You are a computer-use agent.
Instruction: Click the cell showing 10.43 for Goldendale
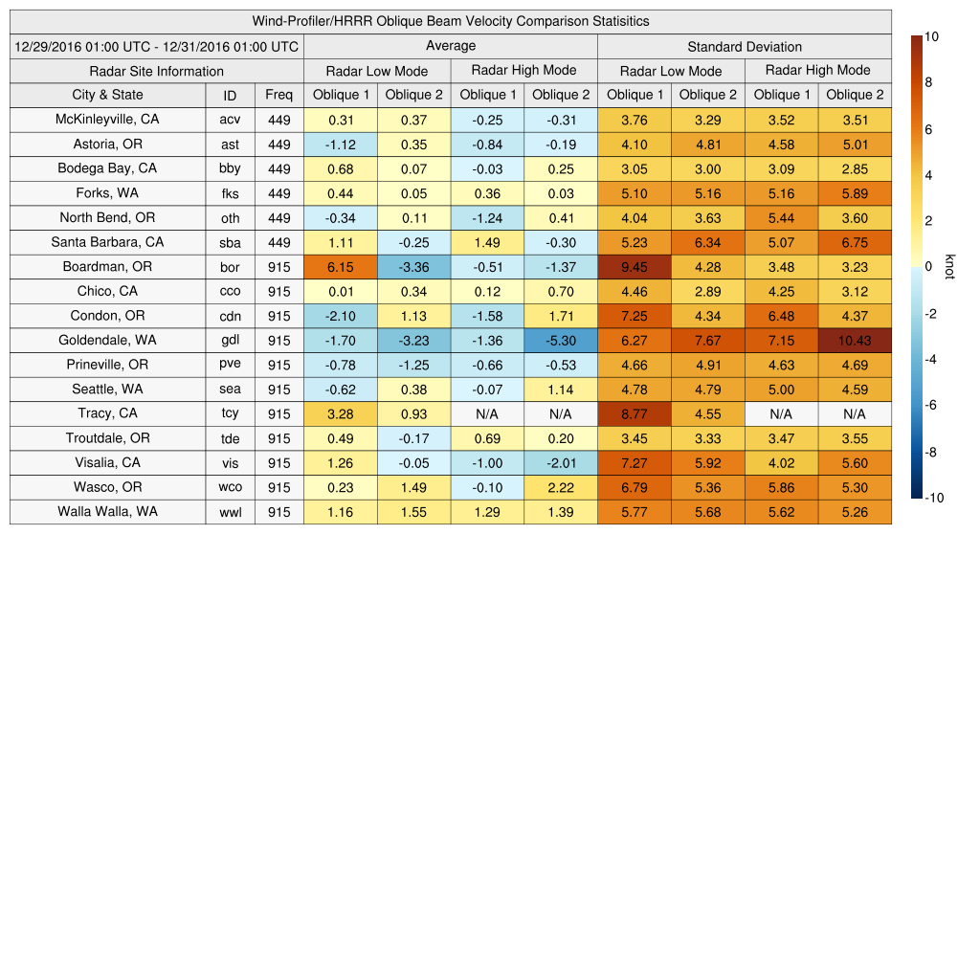coord(855,341)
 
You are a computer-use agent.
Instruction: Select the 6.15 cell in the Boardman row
coord(340,267)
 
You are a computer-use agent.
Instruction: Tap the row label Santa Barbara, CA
coord(107,242)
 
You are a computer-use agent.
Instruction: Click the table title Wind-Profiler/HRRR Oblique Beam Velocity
coord(451,21)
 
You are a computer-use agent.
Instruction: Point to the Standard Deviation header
coord(745,47)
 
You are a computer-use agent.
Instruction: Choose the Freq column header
coord(278,95)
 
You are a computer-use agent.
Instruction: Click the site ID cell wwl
coord(230,512)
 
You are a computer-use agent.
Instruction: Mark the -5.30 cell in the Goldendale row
coord(561,341)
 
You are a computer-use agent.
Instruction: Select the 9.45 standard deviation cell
coord(634,267)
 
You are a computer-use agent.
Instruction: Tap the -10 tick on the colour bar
coord(935,498)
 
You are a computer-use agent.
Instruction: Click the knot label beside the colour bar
coord(949,267)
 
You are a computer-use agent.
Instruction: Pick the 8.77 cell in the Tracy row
coord(634,414)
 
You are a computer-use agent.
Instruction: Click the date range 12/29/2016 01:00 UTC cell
coord(156,47)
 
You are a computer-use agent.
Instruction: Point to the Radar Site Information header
coord(156,71)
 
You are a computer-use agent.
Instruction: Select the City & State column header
coord(107,95)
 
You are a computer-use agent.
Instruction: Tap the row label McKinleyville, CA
coord(107,120)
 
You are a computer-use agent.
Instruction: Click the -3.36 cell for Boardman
coord(413,267)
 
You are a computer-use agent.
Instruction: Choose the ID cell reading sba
coord(230,242)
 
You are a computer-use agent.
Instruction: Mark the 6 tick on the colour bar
coord(928,129)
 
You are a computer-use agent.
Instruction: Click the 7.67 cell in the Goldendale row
coord(707,341)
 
